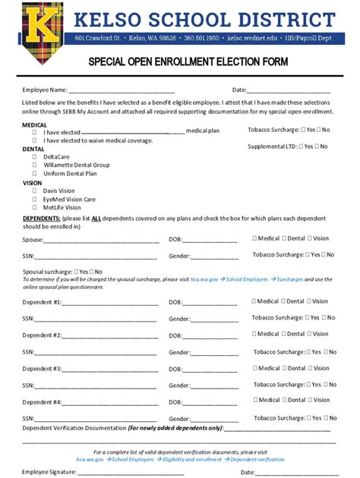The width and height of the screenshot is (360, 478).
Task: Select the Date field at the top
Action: pos(293,91)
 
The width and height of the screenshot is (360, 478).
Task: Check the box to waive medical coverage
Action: pos(34,140)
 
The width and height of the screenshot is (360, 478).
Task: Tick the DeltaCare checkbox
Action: pos(34,156)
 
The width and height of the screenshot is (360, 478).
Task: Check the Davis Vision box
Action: pos(34,191)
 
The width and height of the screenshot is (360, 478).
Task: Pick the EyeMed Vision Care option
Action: pos(34,200)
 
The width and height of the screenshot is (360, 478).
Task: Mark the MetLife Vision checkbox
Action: pos(34,207)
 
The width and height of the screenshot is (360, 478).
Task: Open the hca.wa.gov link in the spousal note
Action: pos(204,279)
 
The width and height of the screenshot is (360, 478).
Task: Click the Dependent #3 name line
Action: pos(110,370)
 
